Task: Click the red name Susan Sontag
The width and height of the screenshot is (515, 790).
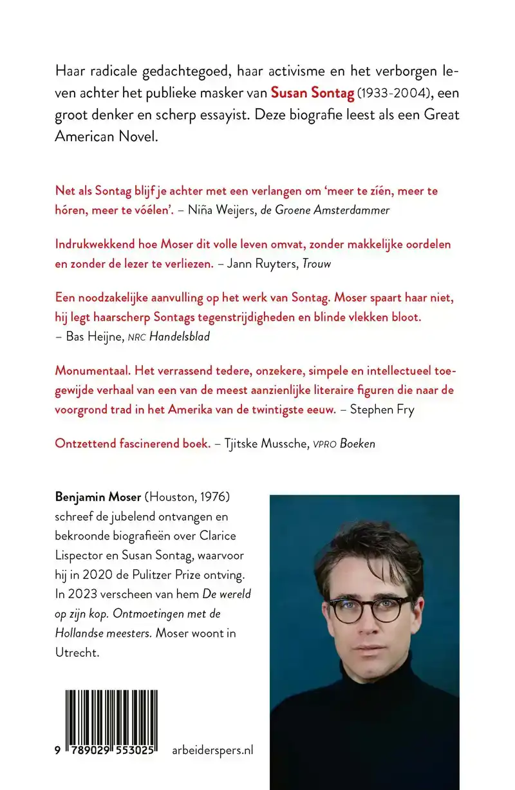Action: coord(312,93)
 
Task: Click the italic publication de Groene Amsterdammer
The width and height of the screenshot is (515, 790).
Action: coord(325,210)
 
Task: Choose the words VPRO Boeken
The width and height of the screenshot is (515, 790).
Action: coord(350,444)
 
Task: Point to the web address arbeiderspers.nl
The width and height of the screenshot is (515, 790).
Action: coord(213,750)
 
